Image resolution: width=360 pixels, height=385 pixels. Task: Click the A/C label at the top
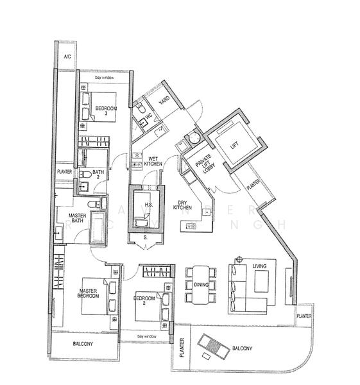[x=66, y=57]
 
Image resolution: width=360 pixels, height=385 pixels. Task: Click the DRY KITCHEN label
[x=184, y=205]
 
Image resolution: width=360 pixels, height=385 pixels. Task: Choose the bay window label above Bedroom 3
[x=103, y=77]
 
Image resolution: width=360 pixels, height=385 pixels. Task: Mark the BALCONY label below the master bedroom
[x=84, y=344]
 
